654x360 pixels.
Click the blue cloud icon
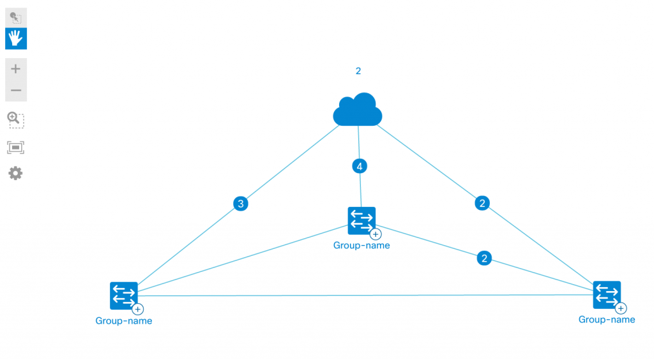coord(358,110)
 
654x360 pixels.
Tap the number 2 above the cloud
coord(358,71)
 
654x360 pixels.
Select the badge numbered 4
coord(360,167)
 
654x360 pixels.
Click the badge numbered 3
coord(241,204)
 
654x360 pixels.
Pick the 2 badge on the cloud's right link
coord(482,204)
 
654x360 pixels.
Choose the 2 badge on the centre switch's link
coord(485,259)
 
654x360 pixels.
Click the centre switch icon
coord(361,220)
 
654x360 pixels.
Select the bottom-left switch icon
coord(123,296)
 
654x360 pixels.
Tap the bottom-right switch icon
coord(606,294)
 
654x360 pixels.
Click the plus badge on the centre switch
coord(376,234)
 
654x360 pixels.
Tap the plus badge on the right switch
coord(620,308)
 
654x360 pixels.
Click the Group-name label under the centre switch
coord(361,245)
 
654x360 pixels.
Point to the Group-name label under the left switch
coord(124,320)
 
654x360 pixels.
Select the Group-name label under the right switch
coord(607,319)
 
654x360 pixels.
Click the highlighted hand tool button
coord(16,38)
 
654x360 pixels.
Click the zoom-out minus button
coord(16,91)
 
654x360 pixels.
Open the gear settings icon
coord(15,173)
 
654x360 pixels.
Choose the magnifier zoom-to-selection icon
coord(16,119)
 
